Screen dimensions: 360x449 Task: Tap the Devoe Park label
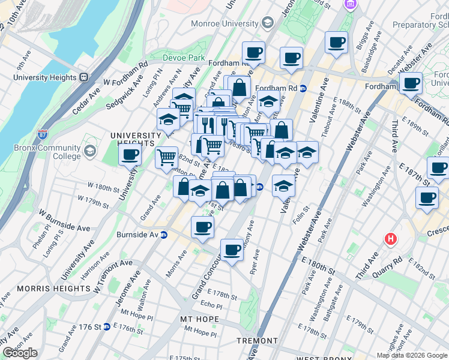tap(184, 58)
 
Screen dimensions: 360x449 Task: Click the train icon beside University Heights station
tap(83, 77)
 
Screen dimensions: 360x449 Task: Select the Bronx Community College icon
tap(90, 149)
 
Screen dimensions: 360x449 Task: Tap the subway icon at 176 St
tap(106, 327)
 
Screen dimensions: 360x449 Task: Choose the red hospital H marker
tap(391, 239)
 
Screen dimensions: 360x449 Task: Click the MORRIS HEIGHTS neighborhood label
tap(53, 289)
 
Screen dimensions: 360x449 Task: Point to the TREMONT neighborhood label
tap(256, 341)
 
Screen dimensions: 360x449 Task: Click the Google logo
tap(20, 353)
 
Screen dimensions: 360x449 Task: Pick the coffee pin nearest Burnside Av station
tap(202, 227)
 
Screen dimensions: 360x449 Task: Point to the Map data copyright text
tap(412, 355)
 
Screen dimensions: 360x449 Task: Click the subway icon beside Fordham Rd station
tap(303, 88)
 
